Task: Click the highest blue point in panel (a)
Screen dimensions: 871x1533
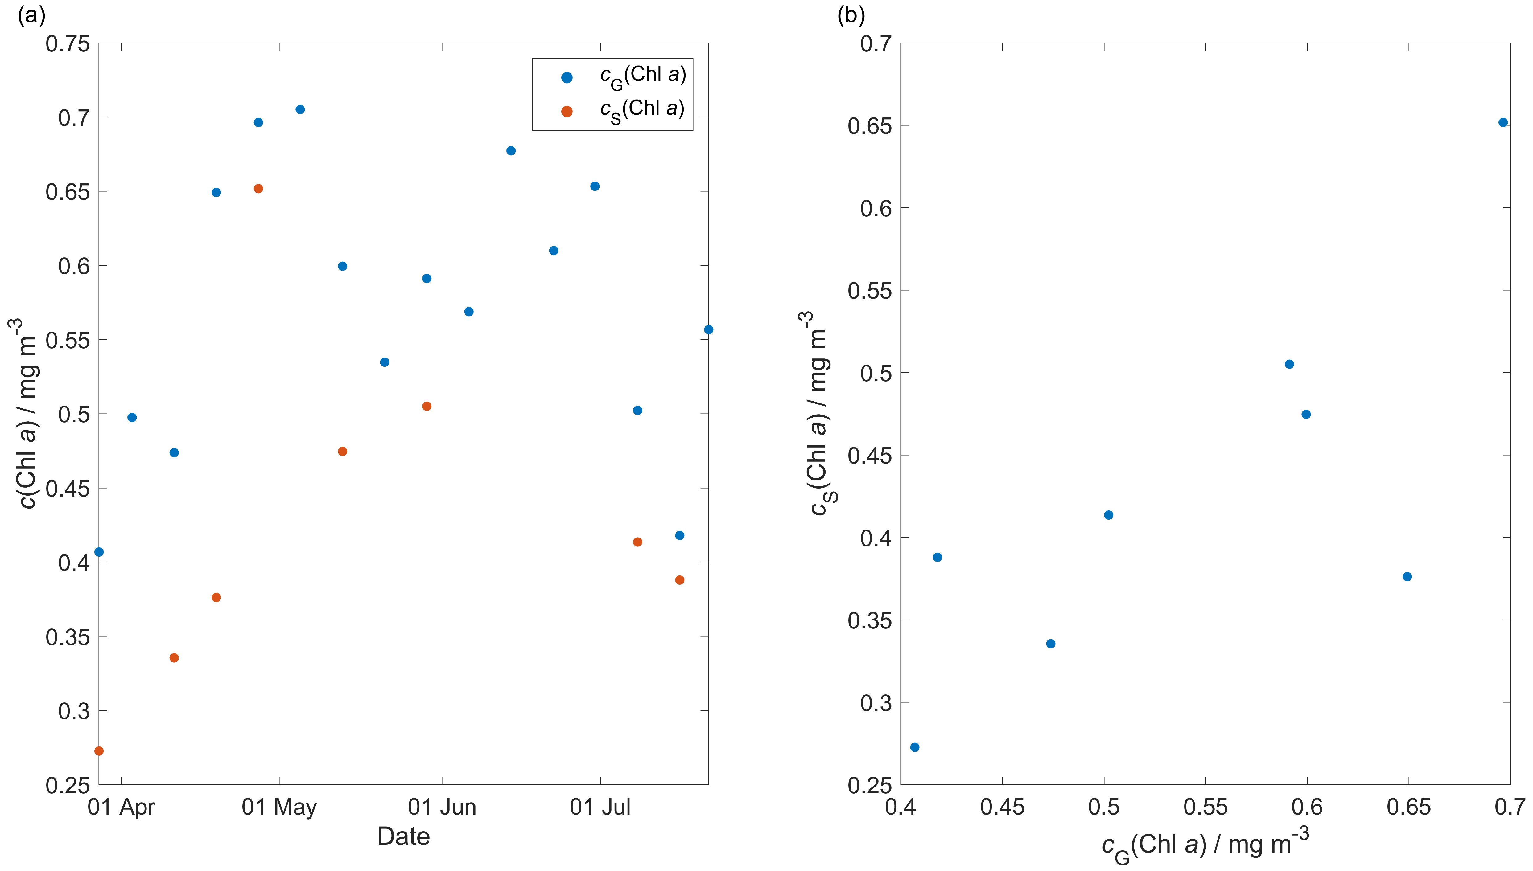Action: pyautogui.click(x=300, y=109)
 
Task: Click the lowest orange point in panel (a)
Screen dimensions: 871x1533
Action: pyautogui.click(x=99, y=751)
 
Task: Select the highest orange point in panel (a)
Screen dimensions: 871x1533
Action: pyautogui.click(x=258, y=188)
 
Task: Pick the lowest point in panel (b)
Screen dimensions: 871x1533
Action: pyautogui.click(x=914, y=747)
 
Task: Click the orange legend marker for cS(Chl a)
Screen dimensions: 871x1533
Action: pyautogui.click(x=567, y=111)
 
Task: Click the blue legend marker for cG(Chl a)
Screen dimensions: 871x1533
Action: pyautogui.click(x=567, y=77)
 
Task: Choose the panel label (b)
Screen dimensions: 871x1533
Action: pyautogui.click(x=851, y=15)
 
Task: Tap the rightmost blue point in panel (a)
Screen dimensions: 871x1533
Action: pyautogui.click(x=708, y=329)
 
